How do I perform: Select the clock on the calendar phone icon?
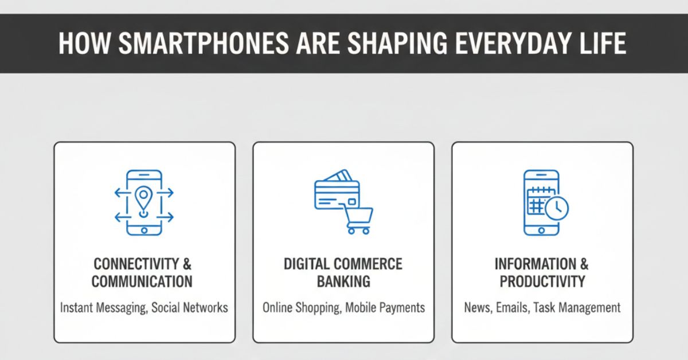556,209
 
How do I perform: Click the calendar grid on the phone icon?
537,201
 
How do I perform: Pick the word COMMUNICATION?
142,281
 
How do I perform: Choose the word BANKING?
343,281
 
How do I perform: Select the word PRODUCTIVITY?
542,281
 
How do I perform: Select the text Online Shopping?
300,308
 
